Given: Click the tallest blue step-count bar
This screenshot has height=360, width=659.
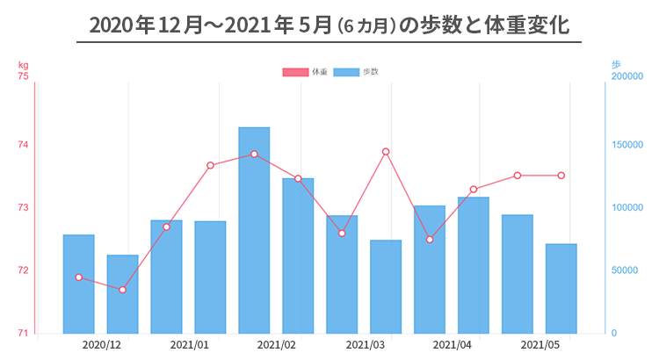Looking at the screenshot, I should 254,230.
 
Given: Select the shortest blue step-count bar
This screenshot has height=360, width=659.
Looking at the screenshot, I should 122,294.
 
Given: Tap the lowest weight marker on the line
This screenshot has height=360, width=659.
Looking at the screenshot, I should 122,290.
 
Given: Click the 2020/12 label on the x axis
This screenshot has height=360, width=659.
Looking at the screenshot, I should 101,346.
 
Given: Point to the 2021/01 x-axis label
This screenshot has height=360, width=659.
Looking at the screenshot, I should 189,346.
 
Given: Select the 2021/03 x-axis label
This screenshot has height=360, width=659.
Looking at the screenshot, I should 365,346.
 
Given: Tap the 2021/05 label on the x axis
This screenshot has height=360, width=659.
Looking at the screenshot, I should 540,346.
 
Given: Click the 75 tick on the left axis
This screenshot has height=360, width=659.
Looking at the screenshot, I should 23,76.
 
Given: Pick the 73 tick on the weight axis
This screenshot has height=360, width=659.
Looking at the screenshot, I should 23,208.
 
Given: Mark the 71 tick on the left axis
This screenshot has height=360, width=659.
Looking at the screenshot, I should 23,334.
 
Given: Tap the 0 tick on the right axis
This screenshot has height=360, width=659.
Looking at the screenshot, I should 613,334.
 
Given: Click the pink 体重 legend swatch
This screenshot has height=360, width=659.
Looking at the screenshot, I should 295,72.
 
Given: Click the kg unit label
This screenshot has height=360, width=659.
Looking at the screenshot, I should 23,65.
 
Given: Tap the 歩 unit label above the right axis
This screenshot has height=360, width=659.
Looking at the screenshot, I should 615,65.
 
